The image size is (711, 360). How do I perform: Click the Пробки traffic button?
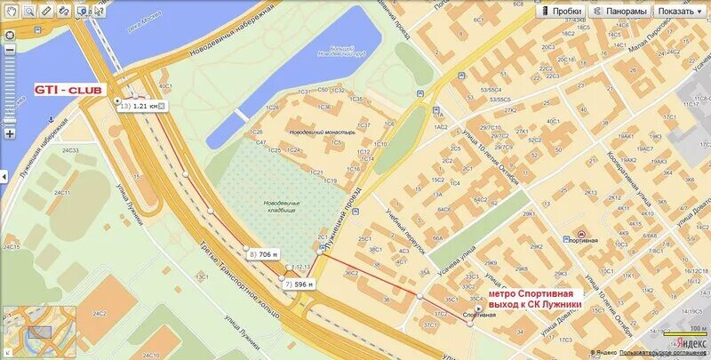pos(561,12)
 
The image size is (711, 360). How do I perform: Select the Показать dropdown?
pos(680,12)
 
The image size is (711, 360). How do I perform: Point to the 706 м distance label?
pos(263,254)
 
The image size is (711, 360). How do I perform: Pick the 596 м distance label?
pos(300,284)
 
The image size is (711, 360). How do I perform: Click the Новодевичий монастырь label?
pos(322,132)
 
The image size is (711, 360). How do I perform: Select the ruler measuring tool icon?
pos(63,12)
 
